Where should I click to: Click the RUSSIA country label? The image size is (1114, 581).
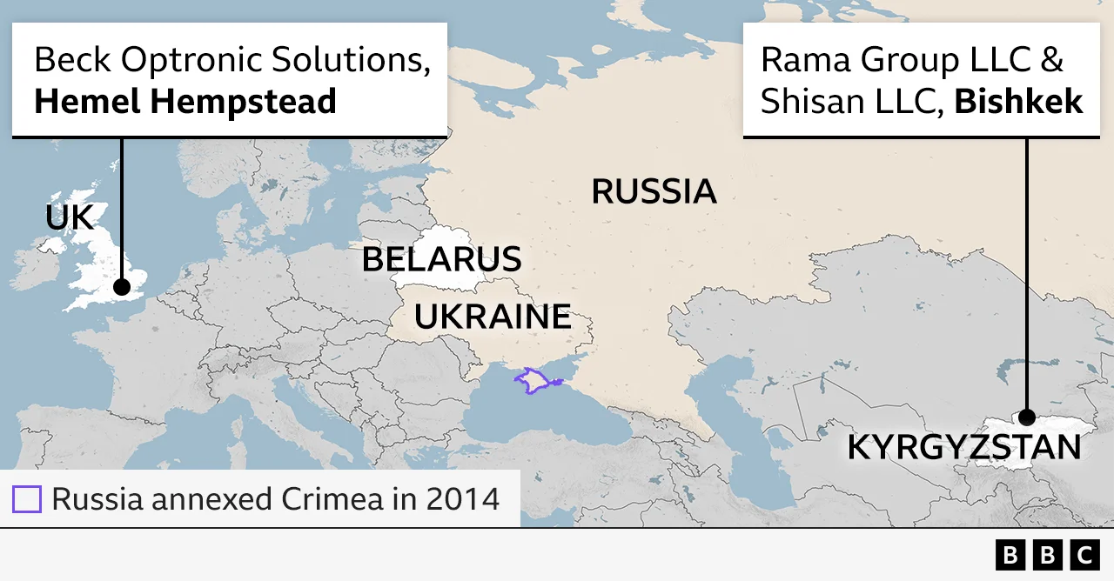click(x=654, y=191)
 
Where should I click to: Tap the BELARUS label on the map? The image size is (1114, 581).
click(x=441, y=259)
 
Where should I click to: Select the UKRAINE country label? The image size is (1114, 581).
click(x=493, y=317)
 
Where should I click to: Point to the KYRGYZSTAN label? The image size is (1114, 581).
click(x=963, y=447)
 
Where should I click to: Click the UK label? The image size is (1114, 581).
click(x=69, y=218)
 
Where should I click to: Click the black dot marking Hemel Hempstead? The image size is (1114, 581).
click(x=122, y=286)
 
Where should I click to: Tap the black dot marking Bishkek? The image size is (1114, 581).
click(x=1027, y=417)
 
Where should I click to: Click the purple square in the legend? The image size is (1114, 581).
click(x=27, y=499)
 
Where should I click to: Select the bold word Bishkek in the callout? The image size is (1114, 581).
click(x=1018, y=102)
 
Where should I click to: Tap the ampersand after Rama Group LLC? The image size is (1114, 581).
click(x=1050, y=59)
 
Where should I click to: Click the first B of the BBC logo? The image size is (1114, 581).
click(x=1010, y=555)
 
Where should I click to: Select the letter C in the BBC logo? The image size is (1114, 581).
click(x=1084, y=555)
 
